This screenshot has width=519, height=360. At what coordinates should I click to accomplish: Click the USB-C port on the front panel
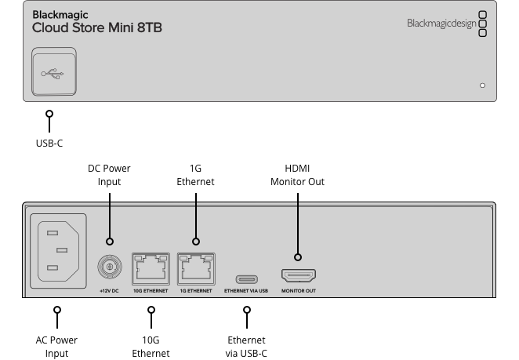click(54, 73)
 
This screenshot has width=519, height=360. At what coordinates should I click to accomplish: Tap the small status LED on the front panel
click(482, 85)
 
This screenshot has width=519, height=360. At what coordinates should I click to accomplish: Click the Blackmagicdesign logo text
click(441, 24)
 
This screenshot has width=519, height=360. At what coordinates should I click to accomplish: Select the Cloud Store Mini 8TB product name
click(97, 27)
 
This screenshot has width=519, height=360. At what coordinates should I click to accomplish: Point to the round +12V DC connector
click(110, 269)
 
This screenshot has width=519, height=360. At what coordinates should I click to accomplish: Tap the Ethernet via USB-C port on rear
click(246, 277)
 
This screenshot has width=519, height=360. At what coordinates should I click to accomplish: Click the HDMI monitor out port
click(298, 276)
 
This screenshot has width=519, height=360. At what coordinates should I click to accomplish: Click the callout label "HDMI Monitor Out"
click(297, 175)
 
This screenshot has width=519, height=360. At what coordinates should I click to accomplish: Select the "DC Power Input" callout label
click(109, 175)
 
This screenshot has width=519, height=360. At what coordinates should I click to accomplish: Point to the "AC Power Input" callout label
click(56, 347)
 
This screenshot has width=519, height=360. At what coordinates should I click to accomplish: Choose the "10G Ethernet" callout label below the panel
click(151, 347)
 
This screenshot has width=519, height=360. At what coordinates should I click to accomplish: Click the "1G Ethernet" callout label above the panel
click(196, 175)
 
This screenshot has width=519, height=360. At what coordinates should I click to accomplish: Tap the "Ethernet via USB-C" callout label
click(246, 347)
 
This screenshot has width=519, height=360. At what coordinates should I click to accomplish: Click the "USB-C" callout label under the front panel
click(49, 144)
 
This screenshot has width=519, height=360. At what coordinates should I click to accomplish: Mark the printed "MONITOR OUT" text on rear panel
click(298, 291)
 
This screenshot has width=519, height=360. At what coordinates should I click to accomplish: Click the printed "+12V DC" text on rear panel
click(110, 291)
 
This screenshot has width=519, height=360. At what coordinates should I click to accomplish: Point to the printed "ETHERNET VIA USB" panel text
click(246, 291)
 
